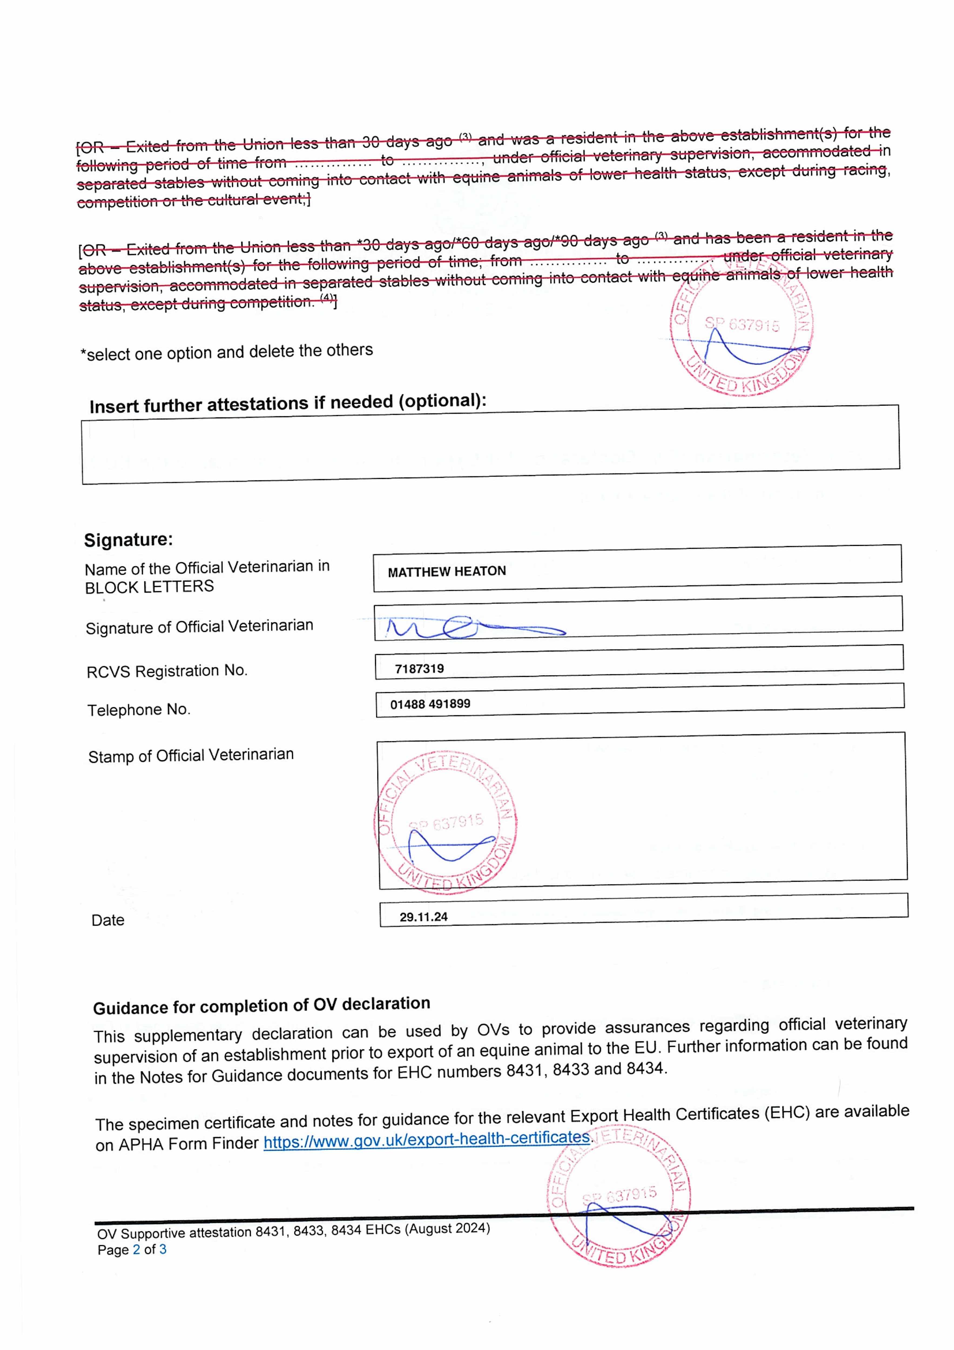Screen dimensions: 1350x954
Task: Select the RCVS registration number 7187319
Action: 419,669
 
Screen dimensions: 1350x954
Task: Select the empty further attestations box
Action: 491,445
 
